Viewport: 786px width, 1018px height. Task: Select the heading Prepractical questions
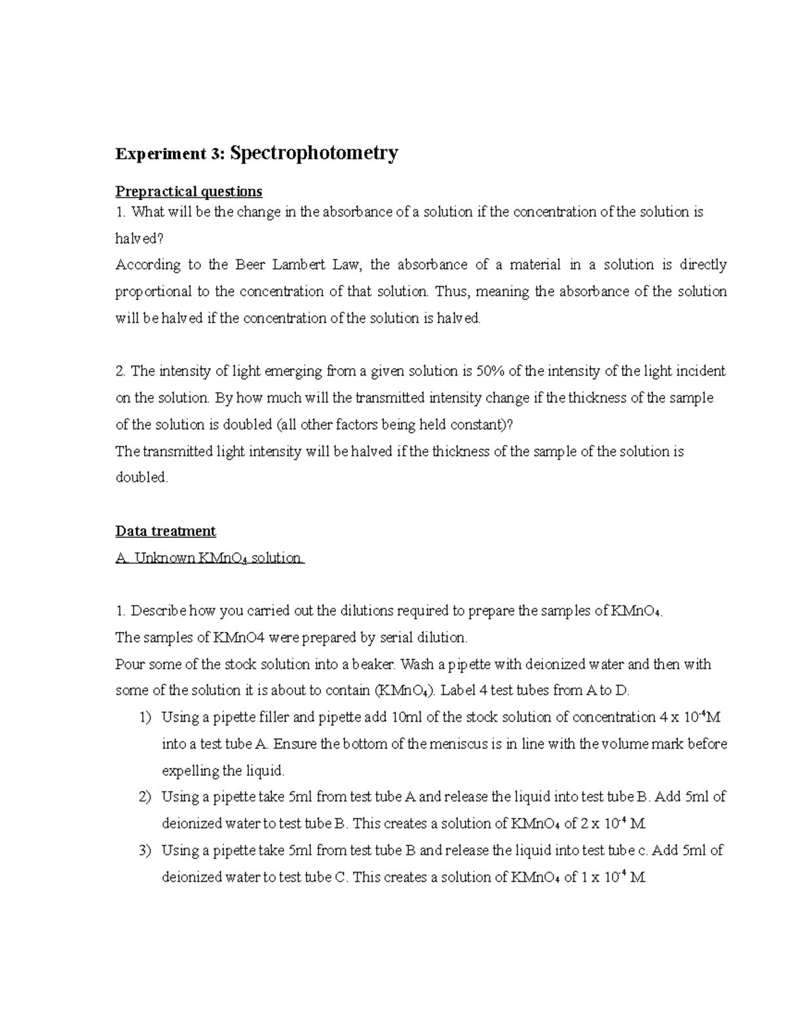[x=189, y=191]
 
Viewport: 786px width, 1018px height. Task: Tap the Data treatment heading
[x=165, y=531]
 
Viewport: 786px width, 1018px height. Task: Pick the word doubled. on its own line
[x=141, y=478]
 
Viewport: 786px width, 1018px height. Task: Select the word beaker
[x=374, y=664]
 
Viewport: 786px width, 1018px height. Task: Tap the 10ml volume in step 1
[x=406, y=717]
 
